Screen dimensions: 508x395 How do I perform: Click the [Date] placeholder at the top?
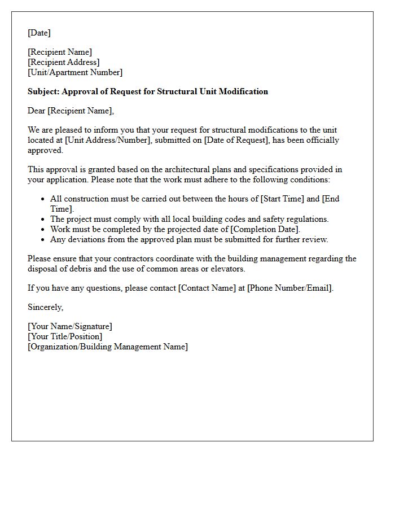point(39,33)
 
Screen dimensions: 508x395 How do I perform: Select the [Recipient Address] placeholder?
point(63,62)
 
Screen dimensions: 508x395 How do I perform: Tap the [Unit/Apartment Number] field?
point(74,72)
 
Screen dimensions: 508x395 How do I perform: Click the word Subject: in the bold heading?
point(43,91)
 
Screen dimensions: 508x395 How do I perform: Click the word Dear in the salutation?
point(37,111)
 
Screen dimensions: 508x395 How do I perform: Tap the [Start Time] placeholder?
point(288,199)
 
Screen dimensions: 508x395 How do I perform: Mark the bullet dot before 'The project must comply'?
point(43,219)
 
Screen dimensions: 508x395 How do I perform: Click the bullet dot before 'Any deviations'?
point(43,239)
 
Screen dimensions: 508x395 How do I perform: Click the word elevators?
point(226,269)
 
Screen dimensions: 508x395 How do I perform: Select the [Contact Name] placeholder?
point(207,288)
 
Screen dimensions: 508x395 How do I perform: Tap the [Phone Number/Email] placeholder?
point(289,288)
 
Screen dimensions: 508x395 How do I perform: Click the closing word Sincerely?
point(45,307)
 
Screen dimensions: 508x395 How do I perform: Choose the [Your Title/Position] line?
point(65,336)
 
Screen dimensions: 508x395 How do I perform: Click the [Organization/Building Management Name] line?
point(107,347)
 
